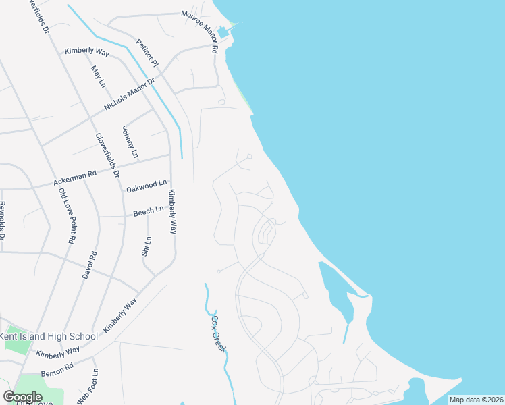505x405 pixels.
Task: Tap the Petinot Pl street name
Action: [147, 53]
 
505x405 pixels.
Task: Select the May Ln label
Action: [98, 76]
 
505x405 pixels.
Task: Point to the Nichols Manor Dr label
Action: [130, 94]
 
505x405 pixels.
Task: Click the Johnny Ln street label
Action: [130, 142]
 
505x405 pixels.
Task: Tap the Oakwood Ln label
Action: [147, 184]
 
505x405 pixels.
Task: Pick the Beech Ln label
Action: [149, 211]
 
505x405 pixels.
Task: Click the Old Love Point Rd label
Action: [66, 215]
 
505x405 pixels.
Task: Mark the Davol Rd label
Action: [89, 266]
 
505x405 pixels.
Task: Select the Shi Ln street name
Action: [146, 246]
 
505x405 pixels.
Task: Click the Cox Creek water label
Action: [219, 333]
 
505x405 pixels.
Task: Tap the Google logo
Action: [22, 397]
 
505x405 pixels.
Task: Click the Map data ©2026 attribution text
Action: [476, 400]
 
